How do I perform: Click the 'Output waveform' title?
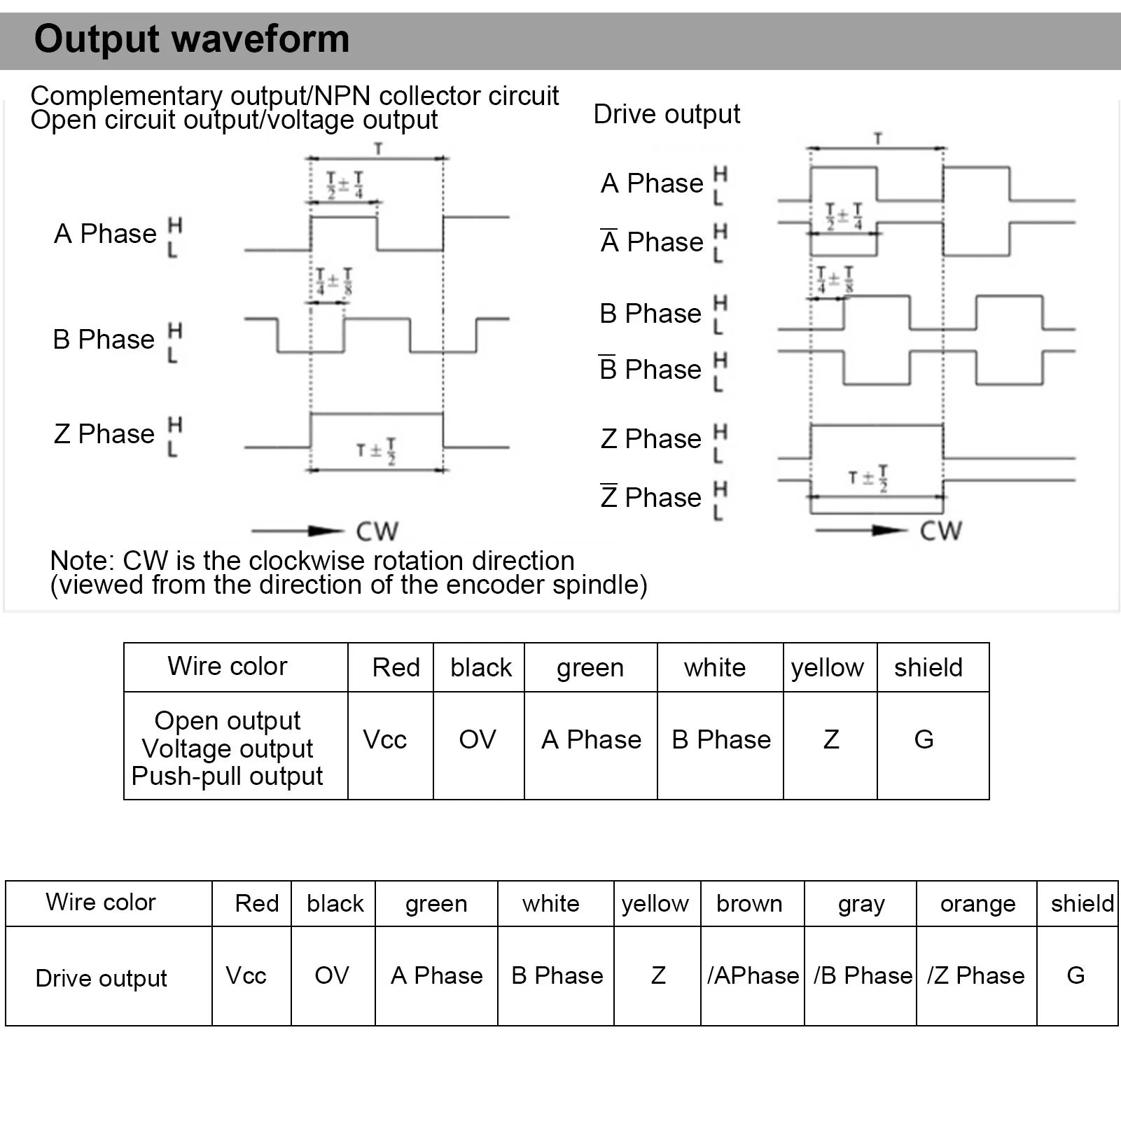tap(191, 39)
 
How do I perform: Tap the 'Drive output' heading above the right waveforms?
tap(666, 114)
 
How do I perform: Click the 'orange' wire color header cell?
tap(977, 904)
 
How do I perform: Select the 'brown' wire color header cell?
tap(749, 904)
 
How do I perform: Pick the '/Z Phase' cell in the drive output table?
tap(975, 975)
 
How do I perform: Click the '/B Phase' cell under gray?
tap(862, 975)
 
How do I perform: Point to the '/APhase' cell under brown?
tap(753, 975)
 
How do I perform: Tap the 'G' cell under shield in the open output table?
tap(924, 739)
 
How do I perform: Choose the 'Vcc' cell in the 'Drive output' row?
tap(246, 975)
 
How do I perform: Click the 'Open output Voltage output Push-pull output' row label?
tap(228, 748)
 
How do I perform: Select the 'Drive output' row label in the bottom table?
tap(101, 978)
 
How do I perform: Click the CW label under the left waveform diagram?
tap(377, 531)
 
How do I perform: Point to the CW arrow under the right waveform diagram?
tap(861, 530)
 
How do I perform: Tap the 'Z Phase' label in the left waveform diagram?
tap(104, 434)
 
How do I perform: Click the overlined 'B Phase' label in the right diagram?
tap(650, 369)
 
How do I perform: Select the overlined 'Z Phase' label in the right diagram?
tap(650, 497)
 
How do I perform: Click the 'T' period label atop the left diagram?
tap(378, 148)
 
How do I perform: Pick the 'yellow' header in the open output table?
tap(827, 668)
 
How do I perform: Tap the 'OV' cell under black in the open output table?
tap(477, 739)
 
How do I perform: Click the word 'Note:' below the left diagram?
tap(81, 561)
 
